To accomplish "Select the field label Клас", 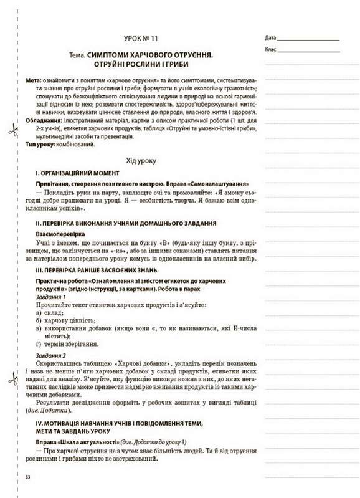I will (x=270, y=49).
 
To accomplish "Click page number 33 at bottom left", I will (x=27, y=477).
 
